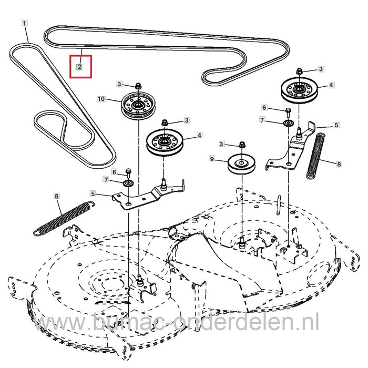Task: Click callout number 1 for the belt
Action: click(x=24, y=23)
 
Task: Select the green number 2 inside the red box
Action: click(x=79, y=67)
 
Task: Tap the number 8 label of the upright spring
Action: click(x=339, y=164)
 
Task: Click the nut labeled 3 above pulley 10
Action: click(x=138, y=85)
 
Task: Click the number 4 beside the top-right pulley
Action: click(x=331, y=85)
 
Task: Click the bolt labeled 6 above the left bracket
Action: click(x=129, y=172)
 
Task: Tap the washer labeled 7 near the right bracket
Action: click(x=288, y=122)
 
